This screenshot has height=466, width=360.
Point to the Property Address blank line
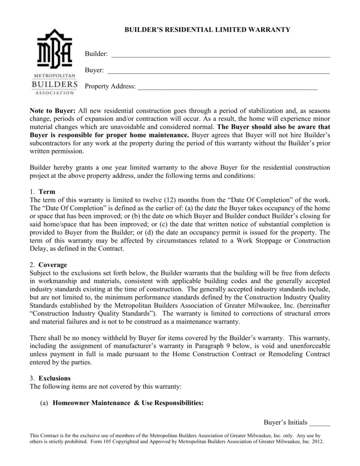click(227, 87)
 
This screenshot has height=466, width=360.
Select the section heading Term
click(47, 192)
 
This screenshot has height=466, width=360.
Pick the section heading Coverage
click(53, 265)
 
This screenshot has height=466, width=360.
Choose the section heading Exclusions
click(55, 378)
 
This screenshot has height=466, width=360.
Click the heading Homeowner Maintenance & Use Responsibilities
click(128, 403)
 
